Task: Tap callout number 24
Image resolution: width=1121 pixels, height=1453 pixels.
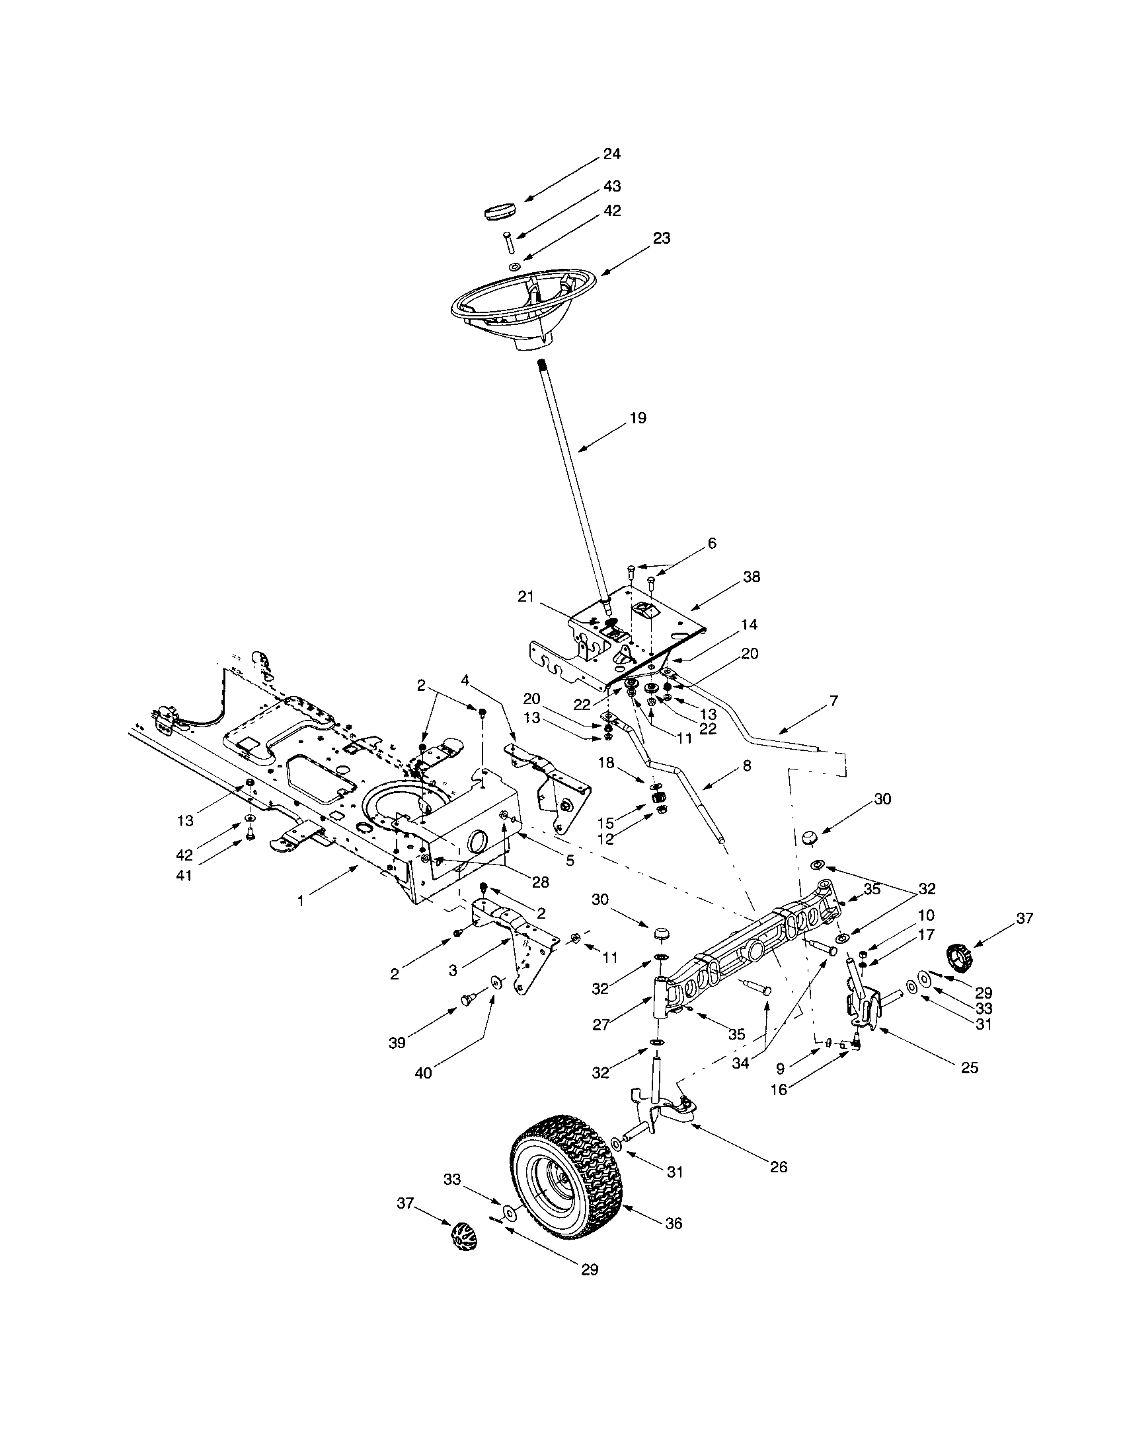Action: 611,154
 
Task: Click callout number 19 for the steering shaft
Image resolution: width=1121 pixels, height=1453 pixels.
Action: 637,418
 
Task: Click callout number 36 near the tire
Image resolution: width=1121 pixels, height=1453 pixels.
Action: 674,1223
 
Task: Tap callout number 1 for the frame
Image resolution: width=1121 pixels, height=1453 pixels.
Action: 300,900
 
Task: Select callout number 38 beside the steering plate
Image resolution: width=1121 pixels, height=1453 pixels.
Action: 751,576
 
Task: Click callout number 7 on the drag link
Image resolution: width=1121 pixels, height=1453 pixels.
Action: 833,701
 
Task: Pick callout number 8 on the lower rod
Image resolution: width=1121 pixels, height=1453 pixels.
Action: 746,765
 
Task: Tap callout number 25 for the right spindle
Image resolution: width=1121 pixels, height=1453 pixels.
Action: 970,1067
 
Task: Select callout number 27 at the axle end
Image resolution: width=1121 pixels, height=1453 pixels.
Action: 600,1024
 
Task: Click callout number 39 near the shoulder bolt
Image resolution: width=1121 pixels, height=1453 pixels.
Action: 397,1042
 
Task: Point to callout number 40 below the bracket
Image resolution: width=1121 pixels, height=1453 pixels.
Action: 424,1073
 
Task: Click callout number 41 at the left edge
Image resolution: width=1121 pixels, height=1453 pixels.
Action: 184,876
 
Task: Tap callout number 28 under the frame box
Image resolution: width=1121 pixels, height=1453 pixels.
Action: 540,882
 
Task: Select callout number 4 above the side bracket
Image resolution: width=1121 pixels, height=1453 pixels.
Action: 465,680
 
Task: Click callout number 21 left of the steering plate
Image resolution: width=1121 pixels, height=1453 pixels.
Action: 526,597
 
